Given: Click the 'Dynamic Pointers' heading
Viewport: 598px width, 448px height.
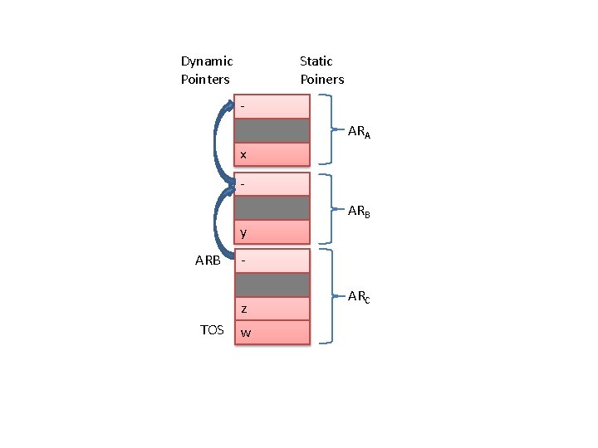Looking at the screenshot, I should [x=207, y=70].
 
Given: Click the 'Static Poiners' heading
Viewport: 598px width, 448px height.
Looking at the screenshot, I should [x=321, y=70].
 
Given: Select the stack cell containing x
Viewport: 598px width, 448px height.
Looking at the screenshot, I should [x=272, y=154].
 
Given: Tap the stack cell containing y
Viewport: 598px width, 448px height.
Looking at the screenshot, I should [x=272, y=231].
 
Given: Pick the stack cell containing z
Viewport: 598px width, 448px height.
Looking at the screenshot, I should [x=272, y=309].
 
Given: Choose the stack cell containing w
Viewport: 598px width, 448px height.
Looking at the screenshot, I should [x=272, y=333].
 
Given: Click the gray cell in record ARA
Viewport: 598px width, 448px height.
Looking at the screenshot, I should [x=272, y=131].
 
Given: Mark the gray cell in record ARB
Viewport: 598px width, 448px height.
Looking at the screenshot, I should [x=272, y=207].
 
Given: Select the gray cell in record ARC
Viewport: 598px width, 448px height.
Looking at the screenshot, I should [x=272, y=285].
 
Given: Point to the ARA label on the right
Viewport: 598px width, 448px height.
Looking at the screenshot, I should [x=359, y=132].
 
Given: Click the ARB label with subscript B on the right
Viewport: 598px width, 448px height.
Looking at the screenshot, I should [x=359, y=212].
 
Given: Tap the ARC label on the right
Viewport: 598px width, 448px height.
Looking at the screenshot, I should [x=359, y=296].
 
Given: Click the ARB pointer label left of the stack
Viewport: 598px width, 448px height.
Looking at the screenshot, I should [x=208, y=261].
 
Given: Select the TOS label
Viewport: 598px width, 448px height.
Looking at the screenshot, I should [x=212, y=330].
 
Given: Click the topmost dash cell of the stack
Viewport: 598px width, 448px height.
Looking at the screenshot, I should [x=272, y=107].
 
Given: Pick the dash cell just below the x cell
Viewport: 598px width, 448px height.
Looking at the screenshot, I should [x=272, y=183].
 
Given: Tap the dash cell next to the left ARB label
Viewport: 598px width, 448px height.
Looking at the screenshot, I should [x=272, y=261].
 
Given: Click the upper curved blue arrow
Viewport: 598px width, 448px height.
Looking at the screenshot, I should [x=218, y=141].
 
